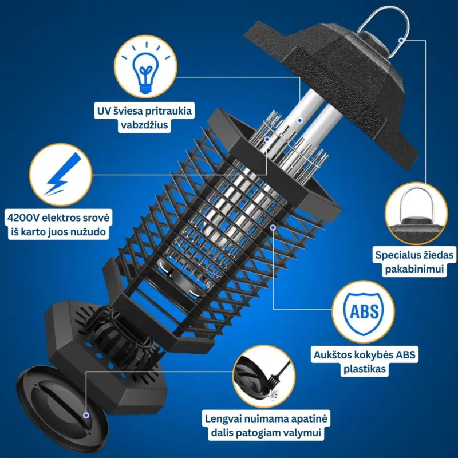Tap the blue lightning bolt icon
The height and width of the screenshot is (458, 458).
coord(63,174)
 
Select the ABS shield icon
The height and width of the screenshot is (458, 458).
coord(364,311)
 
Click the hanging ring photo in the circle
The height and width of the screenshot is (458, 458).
coord(416,213)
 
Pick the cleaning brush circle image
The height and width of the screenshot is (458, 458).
coord(264,376)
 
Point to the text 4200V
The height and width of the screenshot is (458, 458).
coord(23,218)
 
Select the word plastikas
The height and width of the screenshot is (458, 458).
coord(365,369)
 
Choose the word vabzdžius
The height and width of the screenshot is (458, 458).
coord(144,125)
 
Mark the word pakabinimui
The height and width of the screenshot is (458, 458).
coord(414,269)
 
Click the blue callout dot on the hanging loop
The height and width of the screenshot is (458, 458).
coord(402,40)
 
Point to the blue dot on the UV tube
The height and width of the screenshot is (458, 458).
coord(299,120)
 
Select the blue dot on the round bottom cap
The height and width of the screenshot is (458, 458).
coord(86,415)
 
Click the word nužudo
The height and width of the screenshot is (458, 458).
coord(88,232)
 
